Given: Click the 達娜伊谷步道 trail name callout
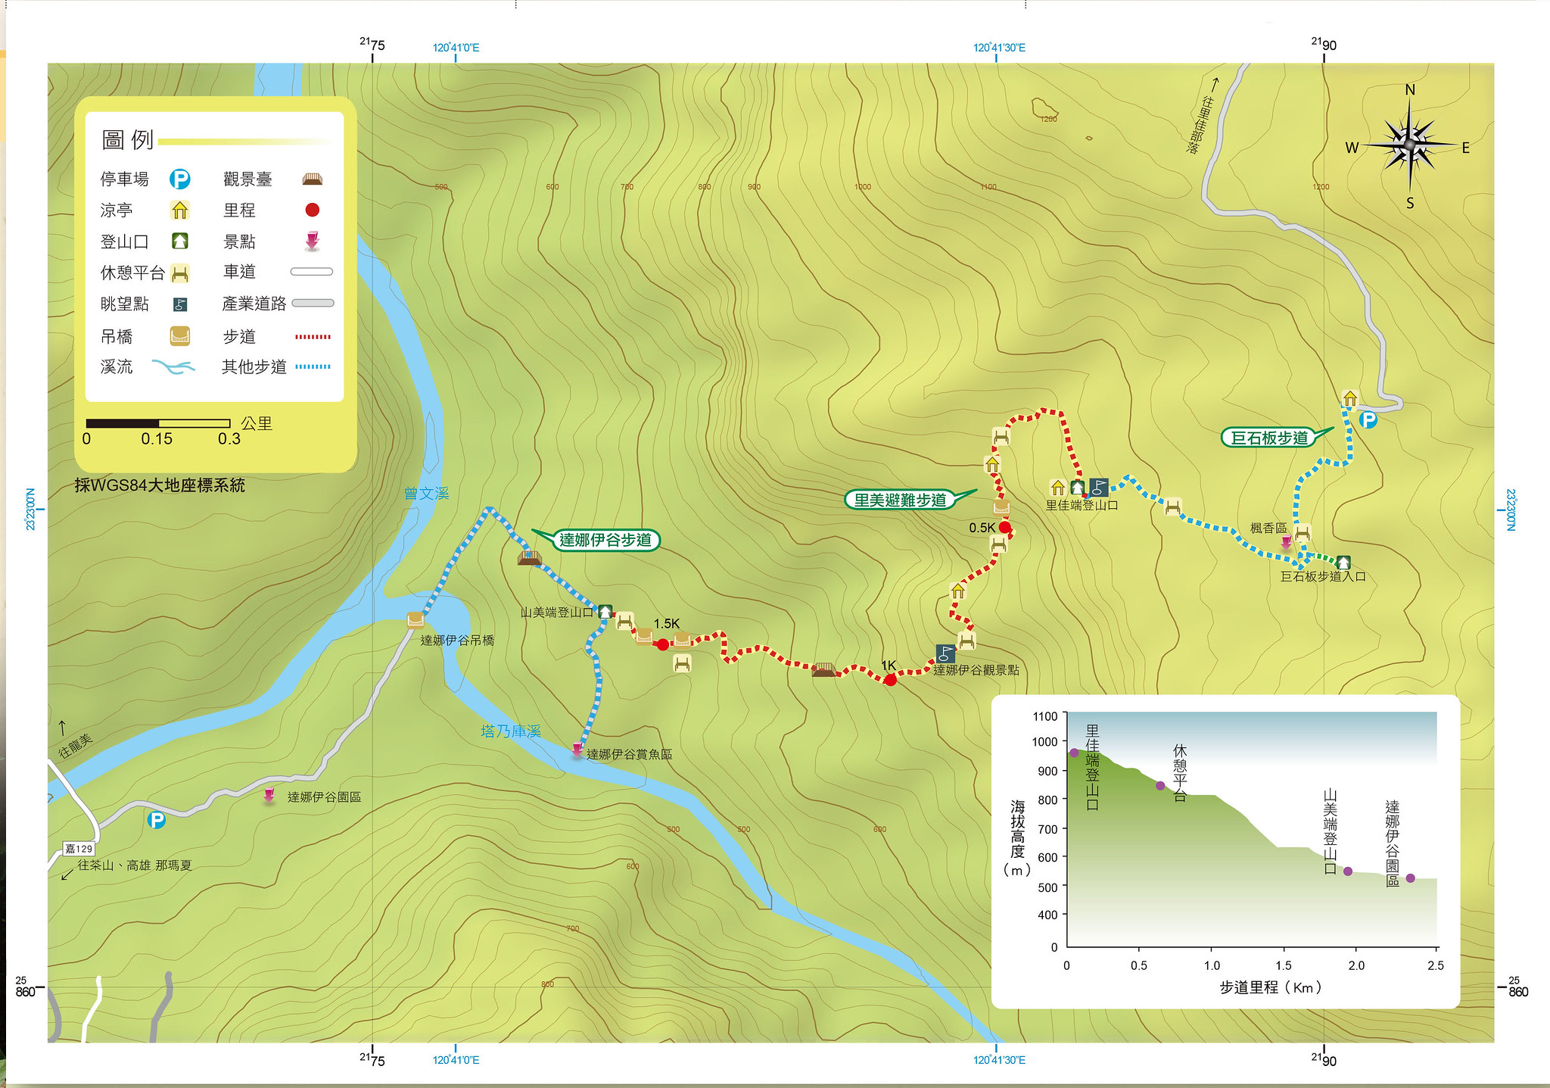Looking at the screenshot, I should pos(605,540).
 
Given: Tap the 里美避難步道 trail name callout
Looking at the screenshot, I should pos(900,500).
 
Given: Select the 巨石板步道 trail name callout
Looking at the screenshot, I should pos(1269,438).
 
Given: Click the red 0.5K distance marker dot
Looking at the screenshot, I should pos(1004,528).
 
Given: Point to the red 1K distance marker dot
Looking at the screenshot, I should pos(890,680).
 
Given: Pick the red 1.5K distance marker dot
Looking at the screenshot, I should pos(663,644).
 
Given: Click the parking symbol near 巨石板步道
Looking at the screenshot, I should pos(1368,419).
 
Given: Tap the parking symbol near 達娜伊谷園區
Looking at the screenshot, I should pos(156,820).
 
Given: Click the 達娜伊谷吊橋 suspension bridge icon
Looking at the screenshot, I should pos(416,620).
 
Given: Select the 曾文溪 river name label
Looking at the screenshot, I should pos(426,494).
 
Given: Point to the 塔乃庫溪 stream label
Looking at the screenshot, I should pos(511,731).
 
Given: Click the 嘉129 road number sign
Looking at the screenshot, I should pos(79,849).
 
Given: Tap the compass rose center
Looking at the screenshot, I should pos(1409,144).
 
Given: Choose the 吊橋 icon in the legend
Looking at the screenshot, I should pos(179,335).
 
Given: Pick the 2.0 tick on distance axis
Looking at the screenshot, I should pos(1356,948).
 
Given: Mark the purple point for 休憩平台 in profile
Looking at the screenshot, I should pos(1160,786).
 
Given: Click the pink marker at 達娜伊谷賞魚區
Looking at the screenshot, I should pos(577,750).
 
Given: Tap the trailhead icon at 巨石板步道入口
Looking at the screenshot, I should pos(1343,563).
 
